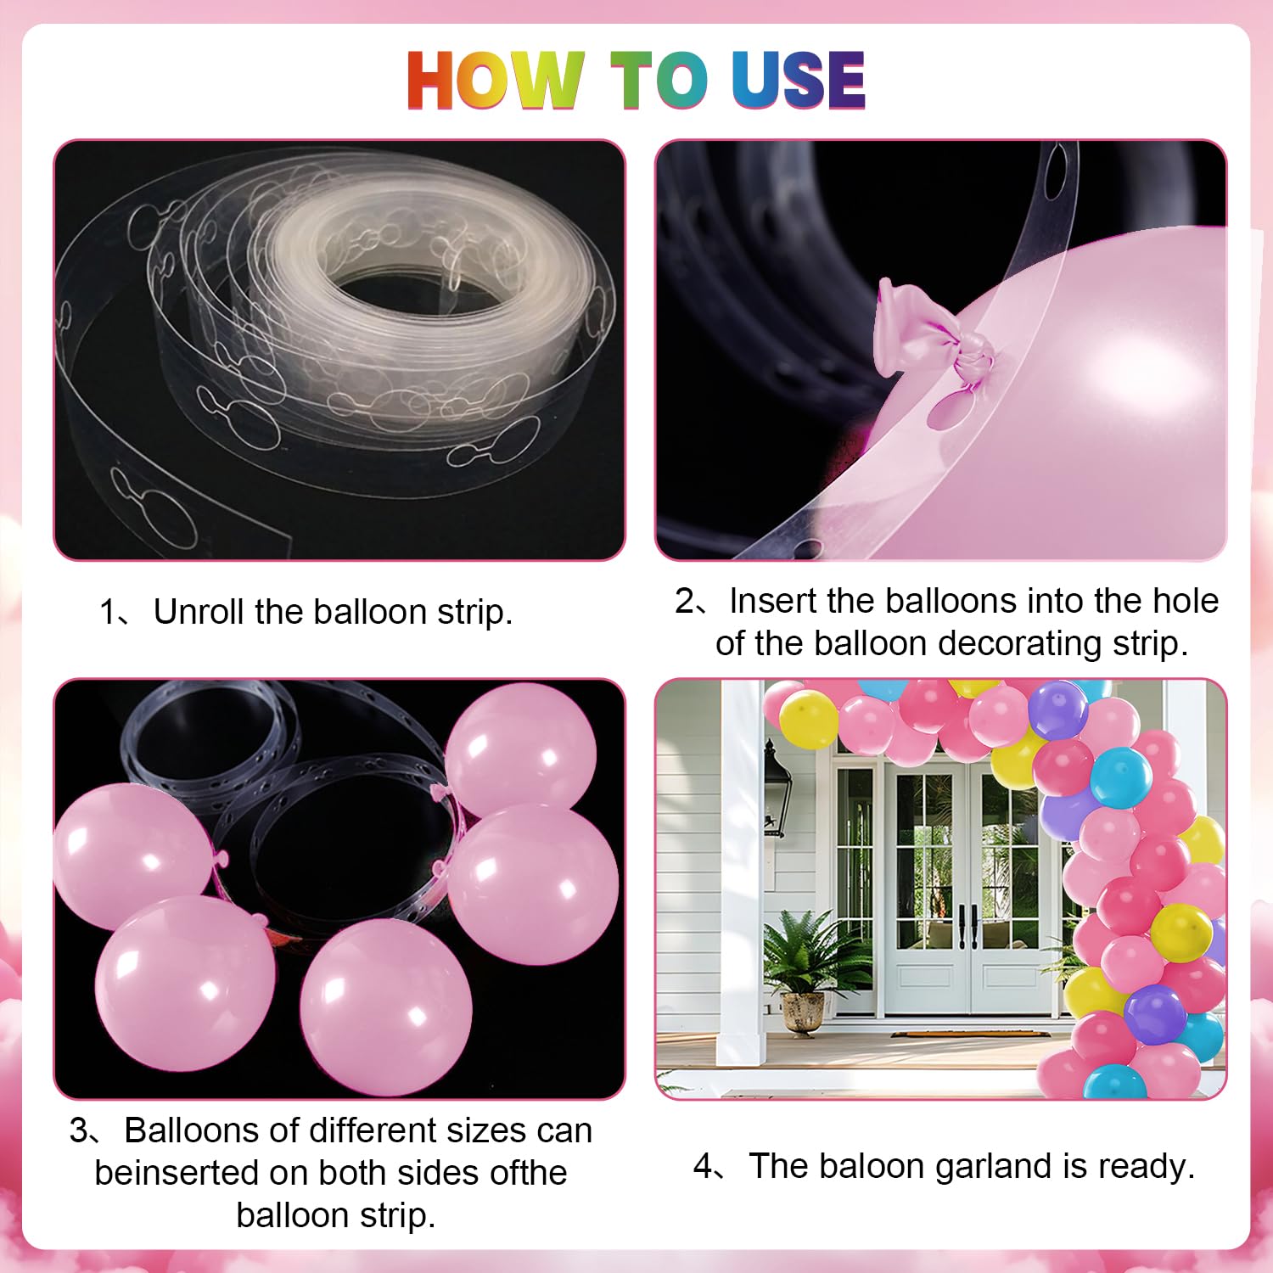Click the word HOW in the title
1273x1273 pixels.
[496, 80]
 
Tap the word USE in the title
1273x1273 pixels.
[798, 80]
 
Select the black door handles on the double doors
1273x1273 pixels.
[967, 926]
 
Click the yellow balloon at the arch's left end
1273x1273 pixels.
[807, 719]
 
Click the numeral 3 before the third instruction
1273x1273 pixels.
[78, 1130]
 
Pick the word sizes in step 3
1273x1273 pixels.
[474, 1130]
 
